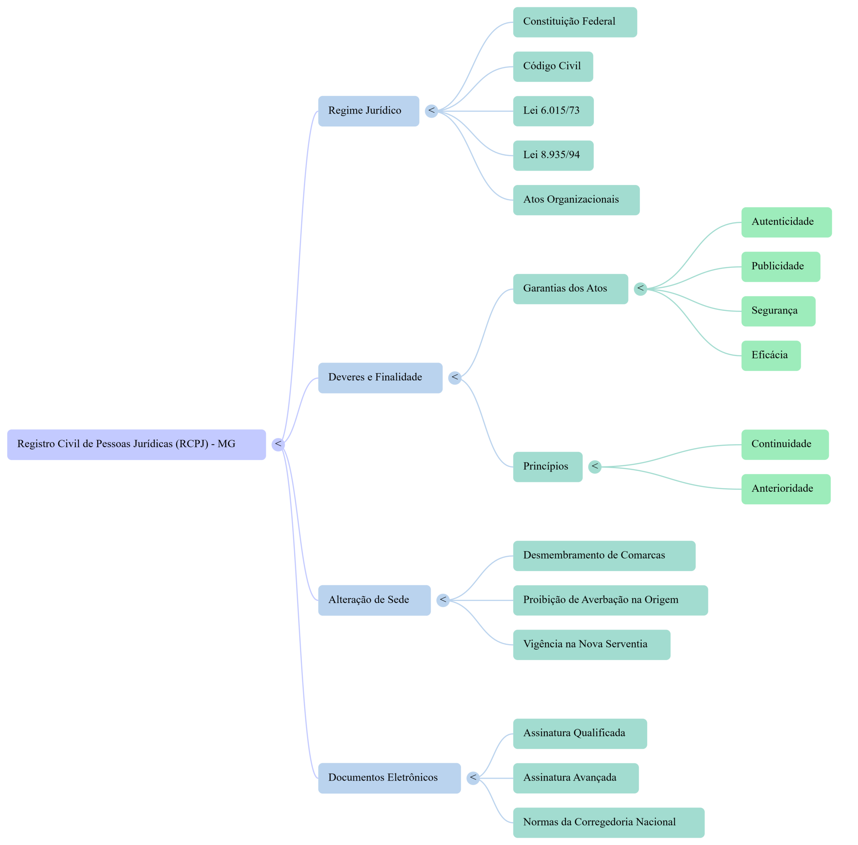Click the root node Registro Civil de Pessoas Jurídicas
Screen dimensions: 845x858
tap(136, 444)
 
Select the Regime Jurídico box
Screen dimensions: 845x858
tap(368, 111)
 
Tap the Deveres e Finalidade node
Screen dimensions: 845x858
tap(380, 378)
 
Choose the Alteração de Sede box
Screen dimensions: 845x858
tap(374, 600)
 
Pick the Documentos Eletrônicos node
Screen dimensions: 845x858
tap(389, 778)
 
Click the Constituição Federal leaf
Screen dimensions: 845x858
tap(574, 22)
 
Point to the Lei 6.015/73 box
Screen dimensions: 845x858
tap(553, 111)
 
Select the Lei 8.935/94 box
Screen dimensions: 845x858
tap(553, 155)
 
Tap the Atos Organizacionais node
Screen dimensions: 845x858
tap(576, 200)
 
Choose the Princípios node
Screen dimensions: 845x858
tap(547, 467)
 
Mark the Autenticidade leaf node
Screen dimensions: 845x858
tap(786, 222)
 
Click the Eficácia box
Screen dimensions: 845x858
tap(771, 356)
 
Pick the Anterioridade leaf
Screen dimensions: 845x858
tap(785, 489)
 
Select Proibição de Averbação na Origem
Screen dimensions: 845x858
tap(610, 600)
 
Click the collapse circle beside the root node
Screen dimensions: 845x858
tap(278, 444)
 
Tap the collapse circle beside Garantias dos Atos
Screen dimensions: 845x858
tap(640, 289)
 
